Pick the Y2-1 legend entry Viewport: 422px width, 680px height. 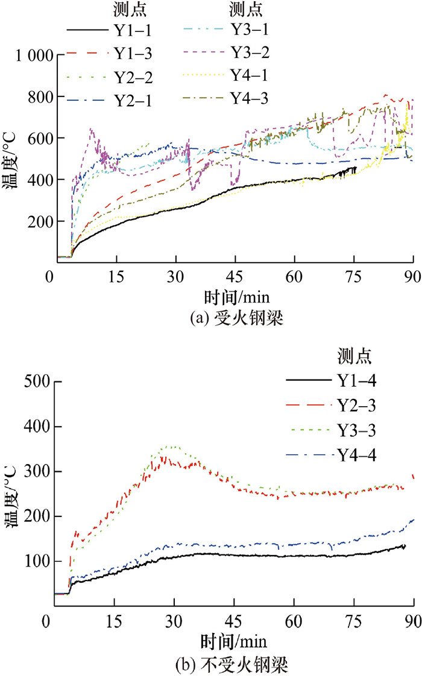pyautogui.click(x=132, y=97)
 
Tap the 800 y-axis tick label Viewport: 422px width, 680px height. pyautogui.click(x=38, y=97)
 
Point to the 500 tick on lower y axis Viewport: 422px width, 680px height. pyautogui.click(x=38, y=382)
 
